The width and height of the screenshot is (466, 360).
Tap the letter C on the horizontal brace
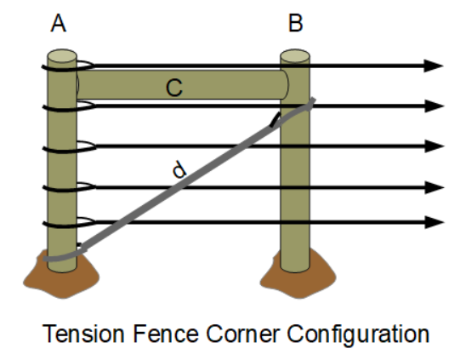click(x=173, y=86)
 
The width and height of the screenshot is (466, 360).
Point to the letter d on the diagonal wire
click(x=179, y=171)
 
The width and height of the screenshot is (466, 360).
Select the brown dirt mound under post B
click(x=295, y=275)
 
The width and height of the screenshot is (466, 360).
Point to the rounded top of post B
click(x=295, y=56)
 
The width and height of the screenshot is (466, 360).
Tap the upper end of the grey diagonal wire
click(x=311, y=102)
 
